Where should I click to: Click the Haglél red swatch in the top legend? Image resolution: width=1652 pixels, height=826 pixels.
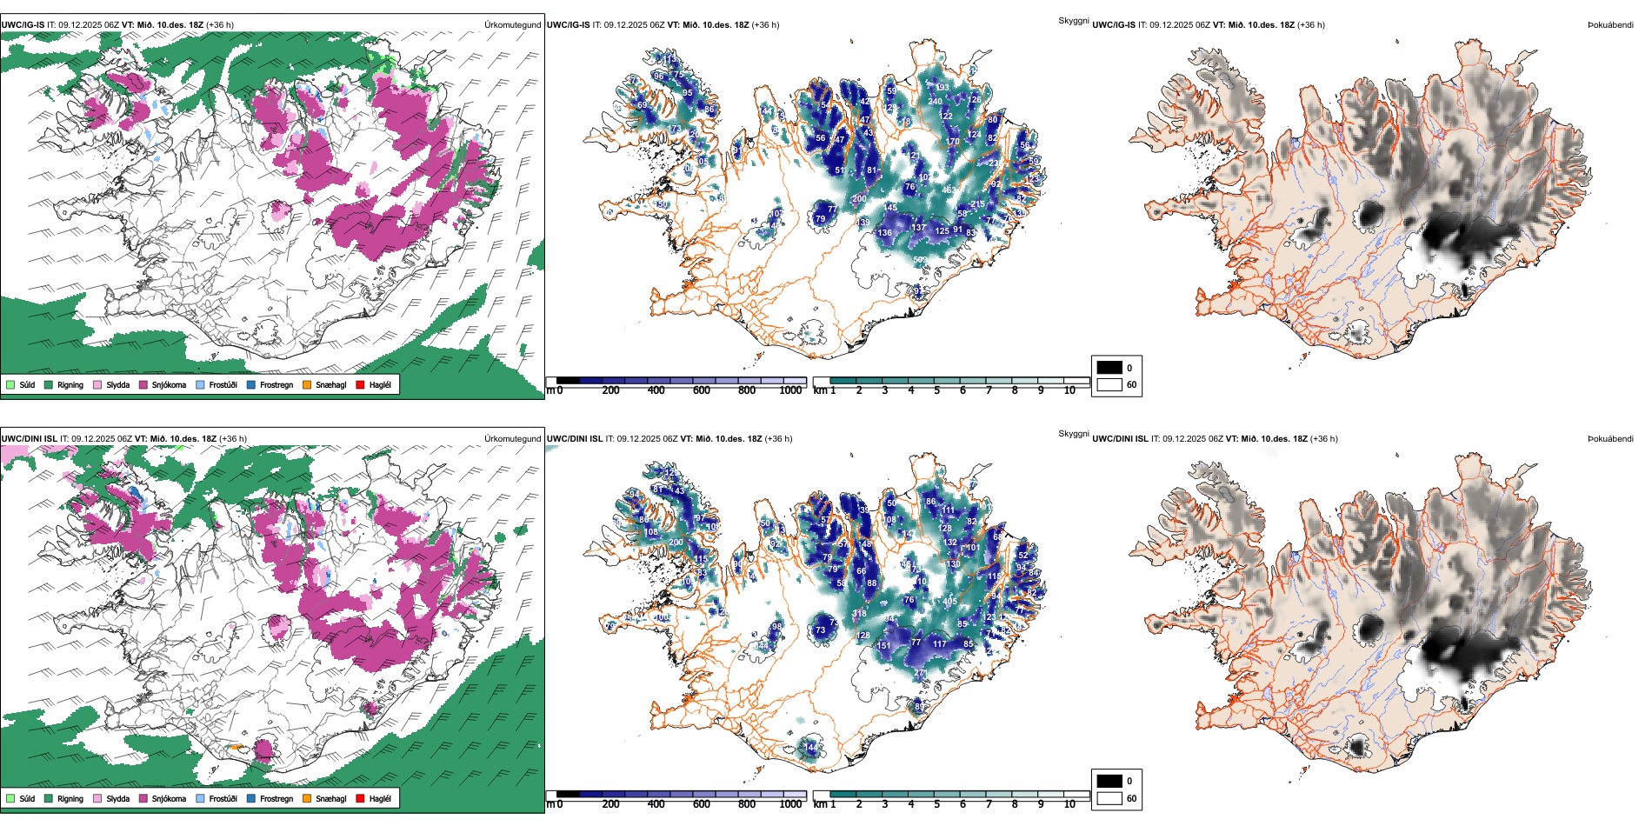(x=360, y=384)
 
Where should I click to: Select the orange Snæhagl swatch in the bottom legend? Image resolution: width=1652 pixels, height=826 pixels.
(x=307, y=798)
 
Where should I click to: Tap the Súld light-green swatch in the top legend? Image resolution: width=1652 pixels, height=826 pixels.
(x=10, y=384)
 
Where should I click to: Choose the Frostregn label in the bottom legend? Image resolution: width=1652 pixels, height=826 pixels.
(x=276, y=798)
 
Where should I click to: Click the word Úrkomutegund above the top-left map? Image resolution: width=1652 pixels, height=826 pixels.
(x=512, y=24)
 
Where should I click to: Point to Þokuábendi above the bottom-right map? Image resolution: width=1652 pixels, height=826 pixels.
(x=1610, y=438)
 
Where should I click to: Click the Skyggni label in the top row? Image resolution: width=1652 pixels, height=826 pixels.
(x=1073, y=20)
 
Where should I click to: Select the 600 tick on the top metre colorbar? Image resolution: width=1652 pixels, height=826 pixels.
(x=702, y=390)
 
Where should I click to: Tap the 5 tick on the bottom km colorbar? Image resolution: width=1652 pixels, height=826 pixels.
(x=936, y=804)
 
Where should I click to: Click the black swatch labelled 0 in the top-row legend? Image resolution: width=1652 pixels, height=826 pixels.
(x=1109, y=367)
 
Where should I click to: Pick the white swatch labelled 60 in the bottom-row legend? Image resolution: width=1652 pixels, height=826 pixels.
(x=1109, y=798)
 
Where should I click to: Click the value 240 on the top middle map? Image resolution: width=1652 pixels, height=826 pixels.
(x=935, y=101)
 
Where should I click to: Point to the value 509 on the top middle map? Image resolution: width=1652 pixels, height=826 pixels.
(x=920, y=260)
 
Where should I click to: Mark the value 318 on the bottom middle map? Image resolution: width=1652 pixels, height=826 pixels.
(x=859, y=614)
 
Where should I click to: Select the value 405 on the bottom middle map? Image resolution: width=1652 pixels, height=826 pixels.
(x=949, y=602)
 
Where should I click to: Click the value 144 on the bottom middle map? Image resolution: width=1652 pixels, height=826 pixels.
(x=810, y=747)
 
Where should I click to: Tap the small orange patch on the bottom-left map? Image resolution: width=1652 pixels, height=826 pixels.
(x=235, y=747)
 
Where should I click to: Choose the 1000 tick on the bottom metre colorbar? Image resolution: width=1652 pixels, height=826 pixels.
(x=790, y=804)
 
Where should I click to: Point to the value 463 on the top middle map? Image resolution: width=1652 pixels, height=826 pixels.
(x=949, y=190)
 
